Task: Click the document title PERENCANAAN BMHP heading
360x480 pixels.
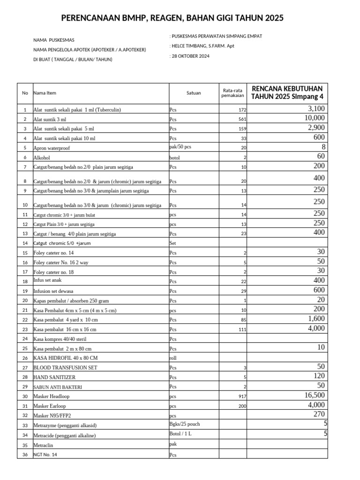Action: (172, 18)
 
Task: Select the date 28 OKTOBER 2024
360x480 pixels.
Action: (190, 56)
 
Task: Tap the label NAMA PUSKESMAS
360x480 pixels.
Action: (53, 40)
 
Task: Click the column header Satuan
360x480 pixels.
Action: (193, 93)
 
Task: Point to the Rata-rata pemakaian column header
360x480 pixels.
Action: (232, 93)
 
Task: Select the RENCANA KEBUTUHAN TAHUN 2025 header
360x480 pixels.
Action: (287, 93)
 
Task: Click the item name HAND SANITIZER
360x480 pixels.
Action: (54, 377)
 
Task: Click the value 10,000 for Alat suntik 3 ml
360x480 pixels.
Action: (314, 118)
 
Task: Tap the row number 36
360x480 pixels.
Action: (25, 455)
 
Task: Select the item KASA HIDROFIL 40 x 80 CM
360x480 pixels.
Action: (65, 358)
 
